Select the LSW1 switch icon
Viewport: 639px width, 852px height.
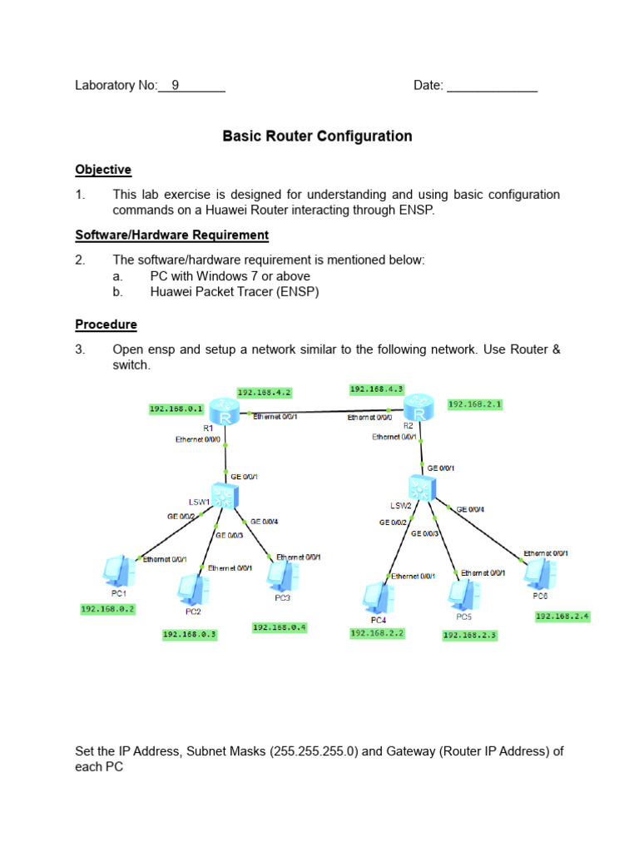coord(223,496)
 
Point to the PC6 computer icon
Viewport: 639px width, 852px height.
coord(540,573)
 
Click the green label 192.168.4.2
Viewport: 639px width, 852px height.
coord(265,392)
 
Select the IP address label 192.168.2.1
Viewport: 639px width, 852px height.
coord(475,404)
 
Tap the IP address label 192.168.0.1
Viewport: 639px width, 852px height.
coord(176,409)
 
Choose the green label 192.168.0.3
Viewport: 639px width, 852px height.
coord(190,634)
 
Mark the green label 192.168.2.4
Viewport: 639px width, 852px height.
coord(562,617)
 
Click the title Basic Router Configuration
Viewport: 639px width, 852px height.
coord(317,136)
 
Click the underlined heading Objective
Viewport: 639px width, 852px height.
coord(103,170)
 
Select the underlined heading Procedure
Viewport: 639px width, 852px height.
coord(106,324)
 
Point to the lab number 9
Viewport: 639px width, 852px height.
coord(176,85)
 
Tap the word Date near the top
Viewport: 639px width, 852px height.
coord(428,85)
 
